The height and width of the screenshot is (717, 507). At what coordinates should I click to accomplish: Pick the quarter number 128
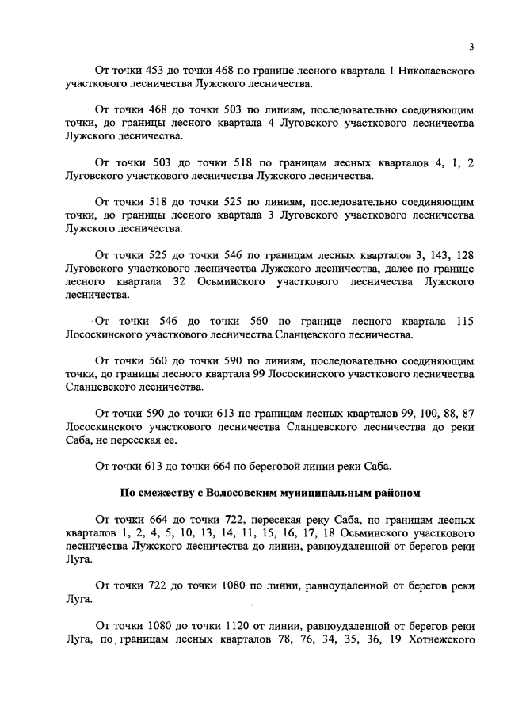coord(463,255)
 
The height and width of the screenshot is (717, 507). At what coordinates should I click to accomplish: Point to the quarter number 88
coord(439,413)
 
